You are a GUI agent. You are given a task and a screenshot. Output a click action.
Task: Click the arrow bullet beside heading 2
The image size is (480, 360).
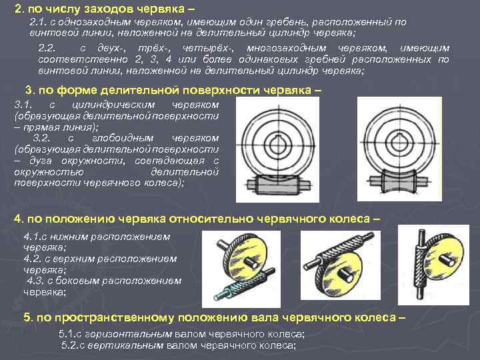point(6,8)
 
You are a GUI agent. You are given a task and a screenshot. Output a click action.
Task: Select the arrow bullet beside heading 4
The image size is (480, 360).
point(6,219)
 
